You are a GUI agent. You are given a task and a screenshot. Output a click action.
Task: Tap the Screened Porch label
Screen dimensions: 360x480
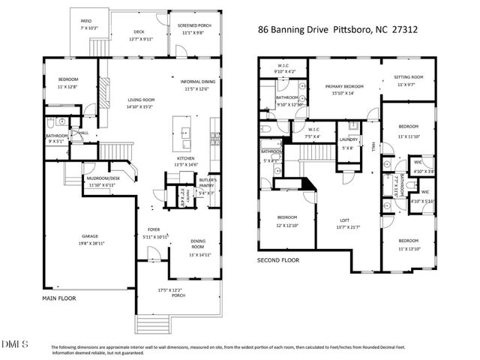[194, 25]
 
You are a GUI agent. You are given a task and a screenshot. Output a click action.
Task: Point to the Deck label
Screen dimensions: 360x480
[139, 31]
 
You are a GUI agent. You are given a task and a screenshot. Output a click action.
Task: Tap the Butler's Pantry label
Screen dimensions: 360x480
[208, 182]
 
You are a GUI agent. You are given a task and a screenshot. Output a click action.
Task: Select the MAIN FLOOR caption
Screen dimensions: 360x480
[59, 298]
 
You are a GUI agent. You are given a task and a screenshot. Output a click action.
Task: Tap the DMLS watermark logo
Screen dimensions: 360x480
[16, 344]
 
